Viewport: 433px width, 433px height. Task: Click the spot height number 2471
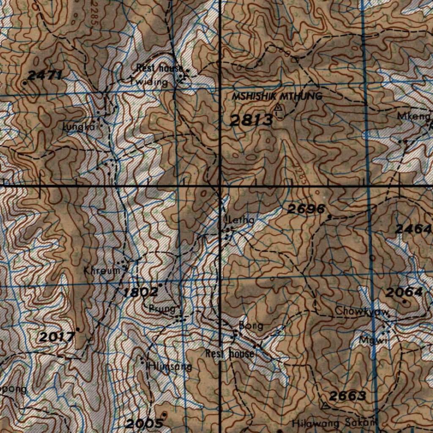click(45, 76)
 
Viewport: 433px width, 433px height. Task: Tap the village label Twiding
click(149, 82)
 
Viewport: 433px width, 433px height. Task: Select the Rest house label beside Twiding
click(159, 68)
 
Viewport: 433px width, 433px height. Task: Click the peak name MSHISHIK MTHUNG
click(277, 96)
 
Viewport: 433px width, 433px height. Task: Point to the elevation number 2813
click(251, 121)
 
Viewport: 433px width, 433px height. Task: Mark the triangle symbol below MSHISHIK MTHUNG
click(278, 108)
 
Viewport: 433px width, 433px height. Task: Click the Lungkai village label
click(80, 126)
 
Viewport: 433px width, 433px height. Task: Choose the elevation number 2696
click(306, 208)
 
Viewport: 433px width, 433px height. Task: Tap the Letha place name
click(241, 220)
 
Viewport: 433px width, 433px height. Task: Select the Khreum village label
click(102, 271)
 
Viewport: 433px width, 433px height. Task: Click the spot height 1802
click(141, 292)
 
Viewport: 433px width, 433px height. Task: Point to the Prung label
click(162, 309)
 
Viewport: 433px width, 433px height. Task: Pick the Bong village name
click(251, 326)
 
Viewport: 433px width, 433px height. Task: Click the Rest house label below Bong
click(230, 354)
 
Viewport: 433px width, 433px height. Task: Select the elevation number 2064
click(404, 292)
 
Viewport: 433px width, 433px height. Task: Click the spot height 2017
click(57, 337)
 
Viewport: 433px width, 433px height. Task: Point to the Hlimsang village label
click(168, 367)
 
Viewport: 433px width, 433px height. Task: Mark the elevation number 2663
click(347, 396)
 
